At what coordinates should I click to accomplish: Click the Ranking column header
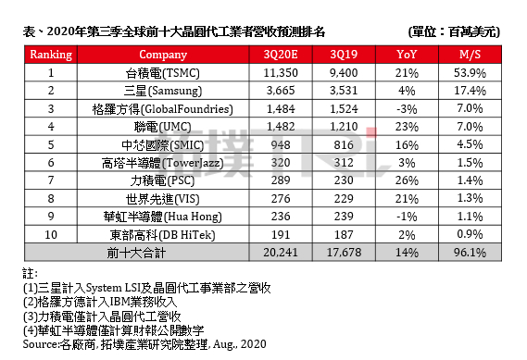tap(52, 55)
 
